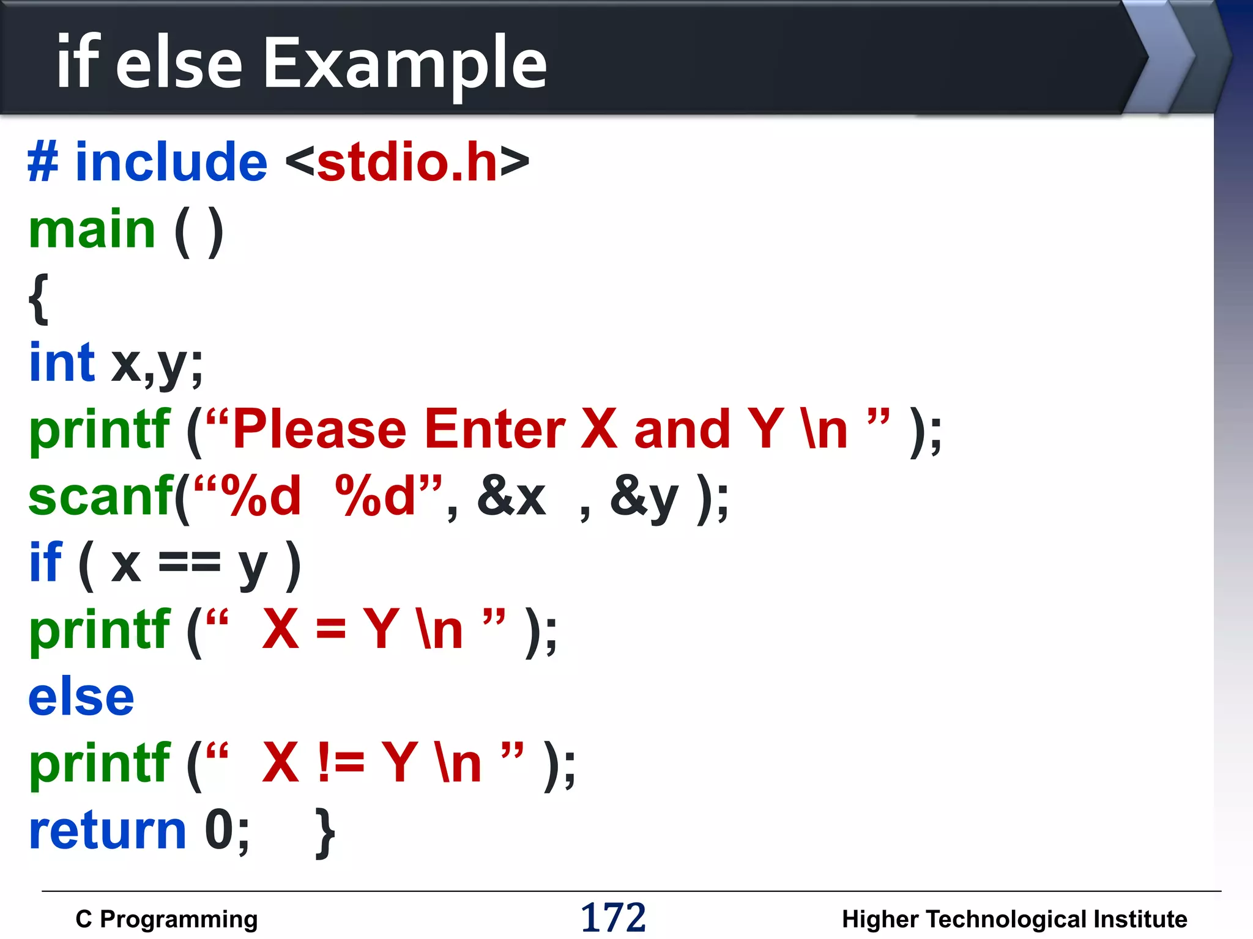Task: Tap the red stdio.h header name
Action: (x=407, y=163)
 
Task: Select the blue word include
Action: (x=171, y=163)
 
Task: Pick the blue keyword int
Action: (x=62, y=363)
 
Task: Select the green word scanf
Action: (x=101, y=497)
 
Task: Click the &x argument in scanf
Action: (x=511, y=497)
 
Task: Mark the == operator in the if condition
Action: (x=189, y=562)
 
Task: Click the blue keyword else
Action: (x=81, y=698)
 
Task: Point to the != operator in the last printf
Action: (x=341, y=764)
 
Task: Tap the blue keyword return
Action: (x=108, y=831)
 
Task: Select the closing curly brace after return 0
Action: (x=325, y=833)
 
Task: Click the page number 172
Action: (x=613, y=918)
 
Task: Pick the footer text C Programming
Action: (x=166, y=919)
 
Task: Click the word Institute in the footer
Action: (x=1140, y=919)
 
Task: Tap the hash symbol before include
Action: (x=43, y=163)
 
